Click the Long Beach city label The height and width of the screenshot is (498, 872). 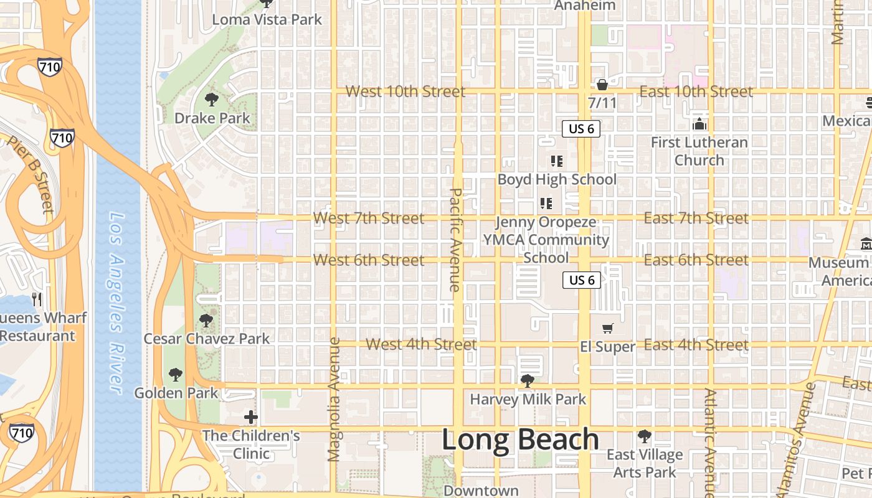520,439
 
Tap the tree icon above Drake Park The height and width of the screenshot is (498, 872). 212,99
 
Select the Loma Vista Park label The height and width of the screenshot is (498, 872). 267,19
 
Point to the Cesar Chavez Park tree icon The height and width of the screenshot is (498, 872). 206,321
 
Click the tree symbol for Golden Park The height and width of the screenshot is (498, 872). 176,374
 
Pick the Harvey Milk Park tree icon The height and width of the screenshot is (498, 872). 528,380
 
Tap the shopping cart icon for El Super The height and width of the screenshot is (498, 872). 608,328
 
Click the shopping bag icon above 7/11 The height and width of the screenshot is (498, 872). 602,84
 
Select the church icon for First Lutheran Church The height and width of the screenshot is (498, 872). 699,124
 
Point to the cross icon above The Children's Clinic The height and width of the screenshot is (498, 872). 251,416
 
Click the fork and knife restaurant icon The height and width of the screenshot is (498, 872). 37,299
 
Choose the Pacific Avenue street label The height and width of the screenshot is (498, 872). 455,240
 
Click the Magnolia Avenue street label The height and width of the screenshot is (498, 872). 334,399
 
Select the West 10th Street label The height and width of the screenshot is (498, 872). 405,92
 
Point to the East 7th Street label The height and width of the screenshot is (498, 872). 696,218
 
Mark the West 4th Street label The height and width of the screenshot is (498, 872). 421,344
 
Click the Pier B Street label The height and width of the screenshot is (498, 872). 31,175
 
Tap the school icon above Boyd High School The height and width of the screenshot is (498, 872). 557,161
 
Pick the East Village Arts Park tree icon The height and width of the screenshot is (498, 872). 645,436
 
